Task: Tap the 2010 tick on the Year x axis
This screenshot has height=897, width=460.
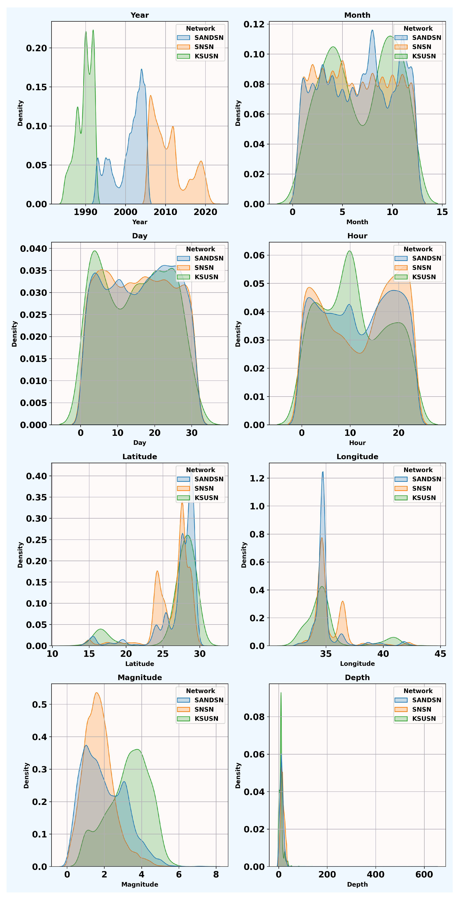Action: point(165,212)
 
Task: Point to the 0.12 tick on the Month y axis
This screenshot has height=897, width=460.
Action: point(254,24)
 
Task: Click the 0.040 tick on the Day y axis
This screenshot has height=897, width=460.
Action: point(33,249)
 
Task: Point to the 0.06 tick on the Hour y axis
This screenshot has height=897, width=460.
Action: point(254,255)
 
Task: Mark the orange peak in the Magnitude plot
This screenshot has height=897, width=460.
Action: point(97,693)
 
